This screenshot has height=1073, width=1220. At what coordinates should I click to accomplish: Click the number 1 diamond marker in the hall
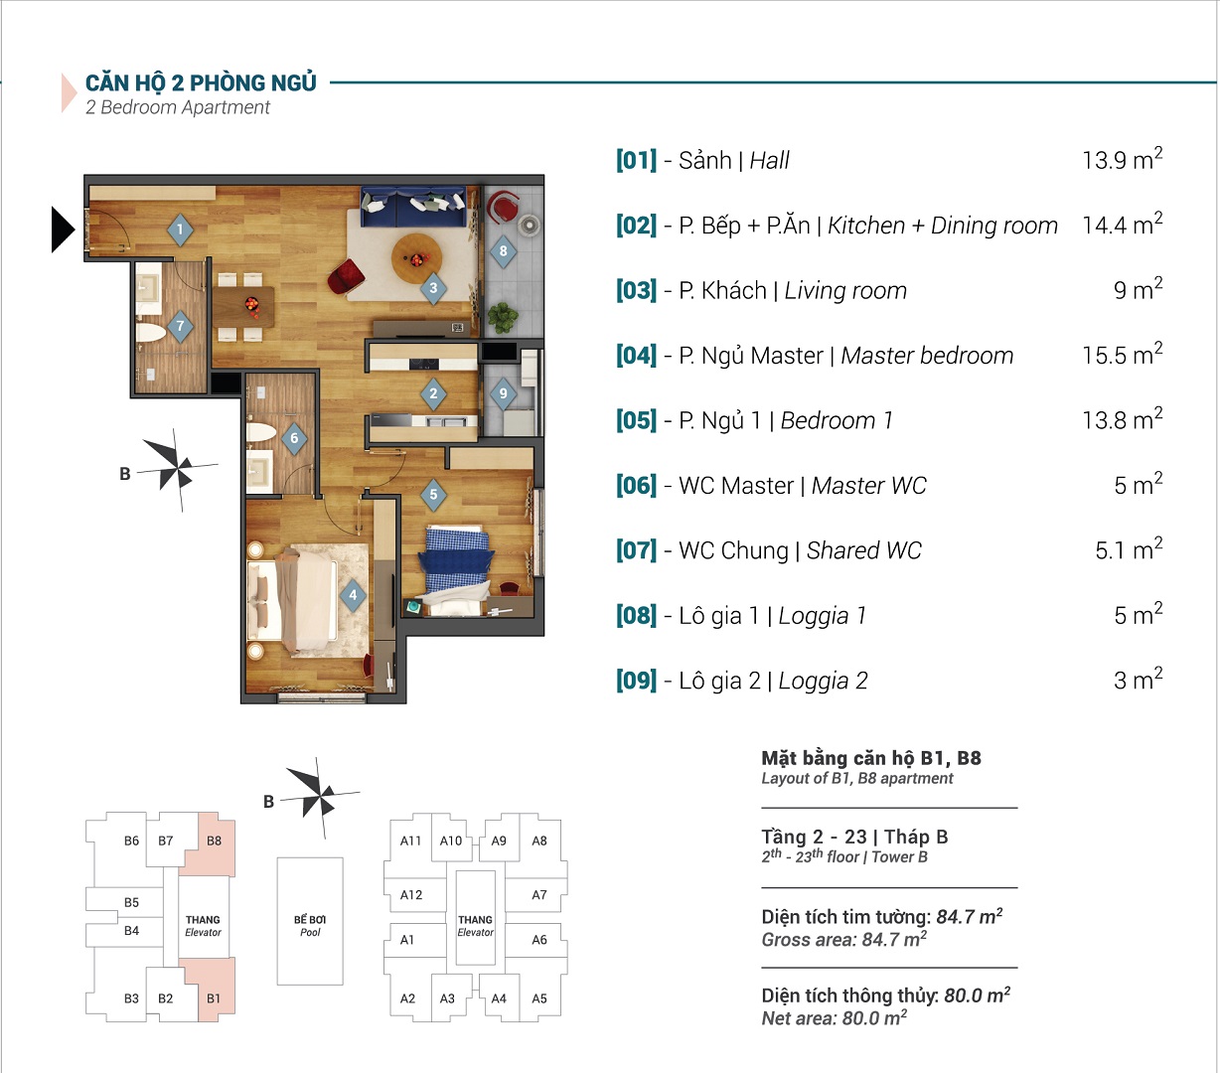tap(180, 230)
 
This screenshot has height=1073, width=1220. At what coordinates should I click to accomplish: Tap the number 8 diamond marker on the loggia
tap(503, 251)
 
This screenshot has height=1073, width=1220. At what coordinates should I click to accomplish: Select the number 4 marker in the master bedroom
tap(353, 595)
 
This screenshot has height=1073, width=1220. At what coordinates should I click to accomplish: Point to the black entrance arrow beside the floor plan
tap(63, 230)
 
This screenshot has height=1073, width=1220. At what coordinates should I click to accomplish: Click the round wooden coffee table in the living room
tap(416, 258)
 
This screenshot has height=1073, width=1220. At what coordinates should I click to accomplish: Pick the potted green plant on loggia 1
tap(503, 317)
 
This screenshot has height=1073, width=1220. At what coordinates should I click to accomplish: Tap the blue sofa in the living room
tap(413, 206)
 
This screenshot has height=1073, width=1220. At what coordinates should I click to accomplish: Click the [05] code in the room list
tap(636, 419)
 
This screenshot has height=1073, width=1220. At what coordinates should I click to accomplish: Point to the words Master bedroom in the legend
tap(927, 356)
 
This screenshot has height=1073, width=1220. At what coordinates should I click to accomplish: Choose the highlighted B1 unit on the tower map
tap(212, 990)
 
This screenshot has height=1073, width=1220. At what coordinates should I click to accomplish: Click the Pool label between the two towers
tap(310, 932)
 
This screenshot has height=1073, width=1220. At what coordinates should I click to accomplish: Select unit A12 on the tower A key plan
tap(411, 895)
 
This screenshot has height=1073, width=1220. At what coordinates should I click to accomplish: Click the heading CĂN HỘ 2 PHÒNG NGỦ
tap(201, 83)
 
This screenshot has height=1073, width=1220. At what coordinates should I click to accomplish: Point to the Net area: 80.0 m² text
tap(834, 1018)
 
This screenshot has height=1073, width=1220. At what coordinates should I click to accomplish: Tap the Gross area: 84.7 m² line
tap(843, 939)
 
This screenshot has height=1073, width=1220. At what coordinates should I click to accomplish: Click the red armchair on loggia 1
tap(503, 206)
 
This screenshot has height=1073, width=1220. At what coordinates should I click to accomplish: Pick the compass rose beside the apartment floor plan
tap(177, 470)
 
